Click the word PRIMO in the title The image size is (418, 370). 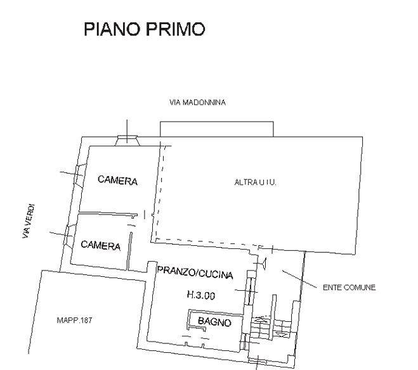coord(176,29)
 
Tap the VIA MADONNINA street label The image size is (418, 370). coord(197,103)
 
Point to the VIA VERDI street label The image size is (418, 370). coord(29,221)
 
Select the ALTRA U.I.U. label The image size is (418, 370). coord(255,182)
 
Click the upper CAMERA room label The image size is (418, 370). coord(117,180)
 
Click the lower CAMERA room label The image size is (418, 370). coord(100,245)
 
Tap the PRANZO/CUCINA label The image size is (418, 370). coord(195,272)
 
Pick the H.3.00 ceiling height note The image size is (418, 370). coord(201,295)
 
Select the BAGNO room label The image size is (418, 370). coord(214,322)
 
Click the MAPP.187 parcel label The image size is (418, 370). coord(74,320)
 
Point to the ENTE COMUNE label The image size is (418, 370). coord(349,288)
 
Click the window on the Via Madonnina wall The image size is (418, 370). coord(127,140)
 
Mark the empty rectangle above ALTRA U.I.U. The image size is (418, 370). coord(217,129)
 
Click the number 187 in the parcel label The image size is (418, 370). coord(86,320)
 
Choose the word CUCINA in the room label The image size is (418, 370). coord(216,274)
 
